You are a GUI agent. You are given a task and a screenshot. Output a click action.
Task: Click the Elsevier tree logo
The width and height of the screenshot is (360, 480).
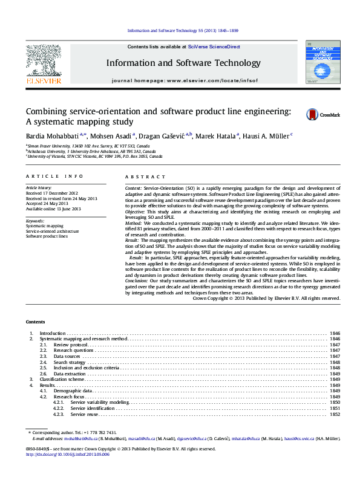[x=43, y=63]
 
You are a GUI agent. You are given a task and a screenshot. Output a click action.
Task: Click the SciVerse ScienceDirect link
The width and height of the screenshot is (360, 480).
[x=214, y=47]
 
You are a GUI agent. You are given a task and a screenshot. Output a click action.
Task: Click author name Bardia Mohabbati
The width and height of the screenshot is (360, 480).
[x=51, y=136]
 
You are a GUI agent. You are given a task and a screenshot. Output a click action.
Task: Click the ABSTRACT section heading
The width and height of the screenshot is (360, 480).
[x=145, y=177]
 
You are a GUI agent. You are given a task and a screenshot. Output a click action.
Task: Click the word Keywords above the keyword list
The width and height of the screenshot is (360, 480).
[x=35, y=221]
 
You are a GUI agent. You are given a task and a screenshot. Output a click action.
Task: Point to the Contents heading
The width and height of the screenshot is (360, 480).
[x=36, y=322]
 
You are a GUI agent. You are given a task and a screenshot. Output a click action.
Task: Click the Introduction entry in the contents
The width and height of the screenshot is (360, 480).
[x=52, y=333]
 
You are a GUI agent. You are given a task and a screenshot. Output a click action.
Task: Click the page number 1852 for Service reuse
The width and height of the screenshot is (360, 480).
[x=335, y=414]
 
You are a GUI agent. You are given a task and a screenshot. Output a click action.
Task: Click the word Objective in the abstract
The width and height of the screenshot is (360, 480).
[x=136, y=212]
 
